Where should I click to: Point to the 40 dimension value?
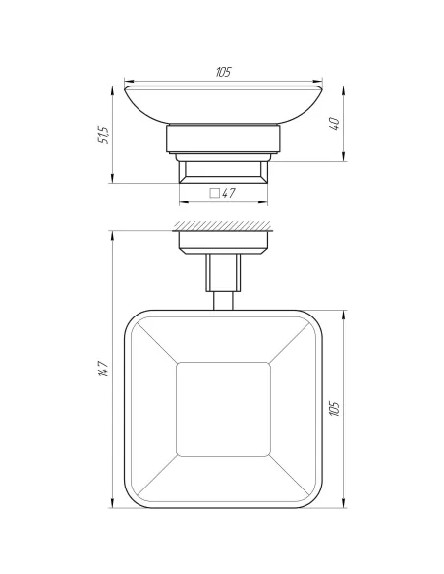tap(333, 125)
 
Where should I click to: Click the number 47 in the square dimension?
tap(228, 194)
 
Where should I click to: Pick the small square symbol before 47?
tap(214, 194)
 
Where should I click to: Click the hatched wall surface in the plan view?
tap(222, 226)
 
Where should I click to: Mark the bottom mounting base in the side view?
tap(222, 173)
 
